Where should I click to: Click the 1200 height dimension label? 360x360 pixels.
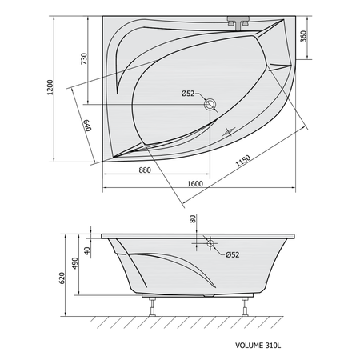(x=50, y=87)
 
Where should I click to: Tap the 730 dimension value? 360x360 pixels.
(x=84, y=58)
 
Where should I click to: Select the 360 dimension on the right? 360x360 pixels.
(x=304, y=37)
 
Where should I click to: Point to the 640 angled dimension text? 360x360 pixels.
(x=88, y=126)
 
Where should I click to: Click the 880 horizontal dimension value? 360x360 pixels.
(x=145, y=170)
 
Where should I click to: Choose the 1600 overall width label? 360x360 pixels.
(x=195, y=184)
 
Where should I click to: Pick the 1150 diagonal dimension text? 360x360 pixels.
(x=243, y=161)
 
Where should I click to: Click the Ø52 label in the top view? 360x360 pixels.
(x=188, y=94)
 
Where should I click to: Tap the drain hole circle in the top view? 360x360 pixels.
(x=210, y=104)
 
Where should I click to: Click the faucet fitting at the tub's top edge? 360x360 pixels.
(x=238, y=22)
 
